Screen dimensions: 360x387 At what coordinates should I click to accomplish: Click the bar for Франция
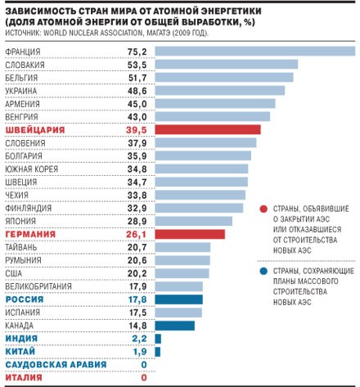coord(255,52)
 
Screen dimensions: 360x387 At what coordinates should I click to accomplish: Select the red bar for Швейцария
coord(208,129)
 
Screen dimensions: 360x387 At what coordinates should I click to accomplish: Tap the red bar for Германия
coord(190,234)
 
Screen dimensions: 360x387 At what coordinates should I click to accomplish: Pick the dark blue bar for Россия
coord(179,299)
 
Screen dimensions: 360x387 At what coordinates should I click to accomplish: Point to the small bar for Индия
coord(158,339)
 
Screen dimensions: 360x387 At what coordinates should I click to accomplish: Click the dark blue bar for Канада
coord(175,326)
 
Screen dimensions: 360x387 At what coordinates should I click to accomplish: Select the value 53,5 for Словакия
coord(137,65)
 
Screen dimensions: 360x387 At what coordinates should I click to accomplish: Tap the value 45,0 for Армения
coord(137,104)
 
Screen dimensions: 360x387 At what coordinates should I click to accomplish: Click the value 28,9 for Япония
coord(137,221)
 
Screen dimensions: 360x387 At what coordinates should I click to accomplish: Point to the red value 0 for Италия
coord(144,378)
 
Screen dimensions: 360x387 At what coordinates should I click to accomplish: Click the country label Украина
coord(21,91)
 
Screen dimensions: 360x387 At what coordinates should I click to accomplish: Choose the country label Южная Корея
coord(32,169)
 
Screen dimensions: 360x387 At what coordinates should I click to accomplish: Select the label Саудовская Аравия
coord(56,365)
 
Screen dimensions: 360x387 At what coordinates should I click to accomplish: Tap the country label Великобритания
coord(38,286)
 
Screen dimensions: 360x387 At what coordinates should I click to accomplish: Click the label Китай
coord(20,351)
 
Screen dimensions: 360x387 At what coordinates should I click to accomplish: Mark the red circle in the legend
coord(263,209)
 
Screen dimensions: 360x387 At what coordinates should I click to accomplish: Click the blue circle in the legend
coord(263,272)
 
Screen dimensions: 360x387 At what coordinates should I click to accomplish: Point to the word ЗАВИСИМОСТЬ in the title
coord(40,11)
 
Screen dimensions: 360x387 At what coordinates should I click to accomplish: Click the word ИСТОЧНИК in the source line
coord(22,33)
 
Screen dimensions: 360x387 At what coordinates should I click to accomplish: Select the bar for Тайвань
coord(182,247)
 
